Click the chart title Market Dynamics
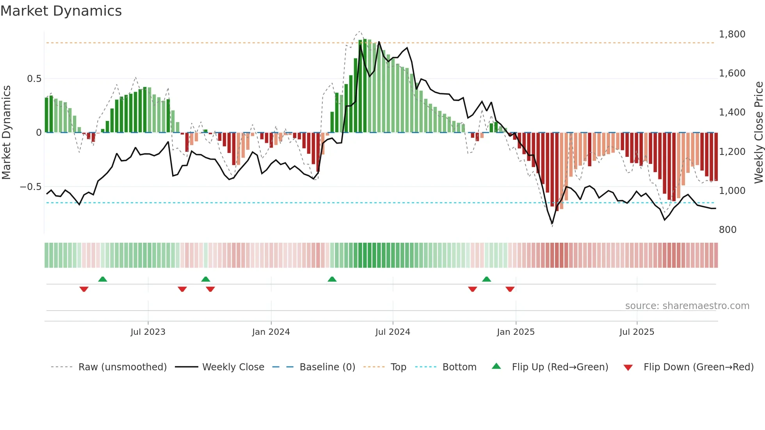(61, 11)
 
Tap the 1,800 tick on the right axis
(732, 34)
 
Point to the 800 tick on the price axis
(728, 230)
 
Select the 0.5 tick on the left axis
(34, 79)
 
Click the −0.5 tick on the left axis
(30, 187)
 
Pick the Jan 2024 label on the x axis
(271, 332)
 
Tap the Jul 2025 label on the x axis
(637, 332)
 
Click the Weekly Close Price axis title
(758, 132)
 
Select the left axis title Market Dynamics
(6, 132)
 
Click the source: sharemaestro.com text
(687, 306)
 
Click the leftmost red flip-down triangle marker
(84, 289)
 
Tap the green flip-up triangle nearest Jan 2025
(486, 279)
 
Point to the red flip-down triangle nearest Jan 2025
(510, 289)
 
